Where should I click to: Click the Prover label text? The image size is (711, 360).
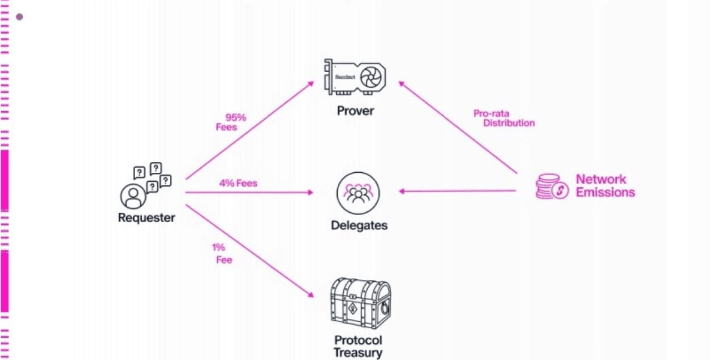coord(355,111)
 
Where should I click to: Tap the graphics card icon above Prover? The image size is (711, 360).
coord(355,77)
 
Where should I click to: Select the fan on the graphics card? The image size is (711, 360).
coord(370,77)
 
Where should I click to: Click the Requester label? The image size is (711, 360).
coord(146,218)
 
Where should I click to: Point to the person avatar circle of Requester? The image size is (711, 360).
coord(133,196)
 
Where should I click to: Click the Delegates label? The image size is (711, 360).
coord(359,226)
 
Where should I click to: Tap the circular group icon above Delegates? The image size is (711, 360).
coord(358,193)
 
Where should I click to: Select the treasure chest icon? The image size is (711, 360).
coord(360,303)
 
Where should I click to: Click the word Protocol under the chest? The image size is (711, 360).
coord(358,341)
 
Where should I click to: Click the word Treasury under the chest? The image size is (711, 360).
coord(358,353)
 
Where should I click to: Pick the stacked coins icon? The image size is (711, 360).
coord(552,186)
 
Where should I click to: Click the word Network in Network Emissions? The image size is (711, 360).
coord(601,179)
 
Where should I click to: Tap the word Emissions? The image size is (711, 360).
coord(605,192)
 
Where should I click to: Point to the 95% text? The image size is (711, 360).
coord(236,117)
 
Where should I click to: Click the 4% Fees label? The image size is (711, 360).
coord(238,183)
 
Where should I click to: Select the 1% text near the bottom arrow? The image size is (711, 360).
coord(218,247)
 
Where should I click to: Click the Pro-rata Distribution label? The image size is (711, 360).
coord(504,118)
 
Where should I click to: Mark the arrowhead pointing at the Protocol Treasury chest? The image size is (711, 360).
coord(311,295)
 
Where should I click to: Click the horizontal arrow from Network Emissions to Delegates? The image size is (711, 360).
coord(457,191)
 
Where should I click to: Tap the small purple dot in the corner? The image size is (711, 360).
coord(19,17)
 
